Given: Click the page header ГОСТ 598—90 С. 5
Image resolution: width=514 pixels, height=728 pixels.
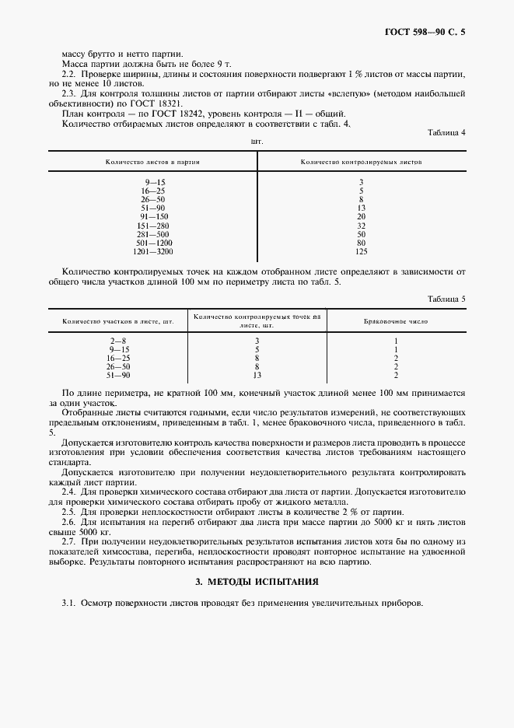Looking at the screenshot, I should click(429, 32).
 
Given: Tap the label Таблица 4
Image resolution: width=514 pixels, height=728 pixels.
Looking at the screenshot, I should click(446, 133).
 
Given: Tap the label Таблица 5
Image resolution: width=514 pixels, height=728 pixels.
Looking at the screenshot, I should click(446, 299).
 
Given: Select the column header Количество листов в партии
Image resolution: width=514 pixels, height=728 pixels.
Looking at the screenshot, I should click(153, 162).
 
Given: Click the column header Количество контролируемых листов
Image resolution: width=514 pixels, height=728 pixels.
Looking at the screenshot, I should click(361, 162).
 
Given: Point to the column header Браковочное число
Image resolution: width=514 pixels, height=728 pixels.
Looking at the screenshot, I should click(396, 320).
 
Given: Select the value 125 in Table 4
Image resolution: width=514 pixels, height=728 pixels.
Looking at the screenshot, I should click(362, 251).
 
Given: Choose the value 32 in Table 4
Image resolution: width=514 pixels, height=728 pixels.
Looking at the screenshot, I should click(362, 225).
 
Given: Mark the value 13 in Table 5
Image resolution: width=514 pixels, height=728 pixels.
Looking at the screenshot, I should click(257, 375).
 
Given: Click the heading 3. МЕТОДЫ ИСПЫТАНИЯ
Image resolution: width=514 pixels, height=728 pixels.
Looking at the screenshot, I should click(257, 582).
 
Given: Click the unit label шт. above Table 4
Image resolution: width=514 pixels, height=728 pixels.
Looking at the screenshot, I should click(257, 142).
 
